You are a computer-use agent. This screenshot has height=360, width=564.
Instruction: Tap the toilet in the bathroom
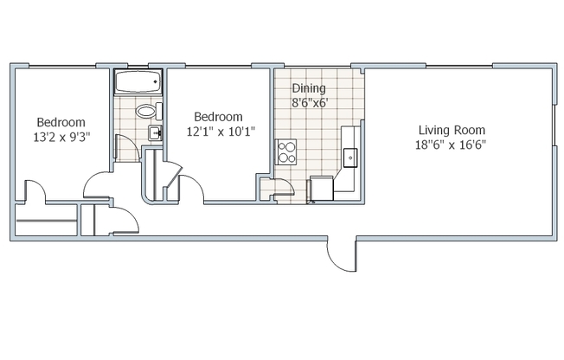coord(146,111)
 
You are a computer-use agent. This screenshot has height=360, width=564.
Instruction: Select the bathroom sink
coord(155,132)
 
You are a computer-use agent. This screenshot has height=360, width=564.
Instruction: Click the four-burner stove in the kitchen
coord(286,151)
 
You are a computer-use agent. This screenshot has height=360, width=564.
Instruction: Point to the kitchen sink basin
coord(351,157)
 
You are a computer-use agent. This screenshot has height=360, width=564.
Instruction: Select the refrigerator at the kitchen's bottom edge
coord(320,189)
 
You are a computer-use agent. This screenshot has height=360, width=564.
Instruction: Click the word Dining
coord(309,87)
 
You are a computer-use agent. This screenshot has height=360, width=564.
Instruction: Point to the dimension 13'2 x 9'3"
coord(61,137)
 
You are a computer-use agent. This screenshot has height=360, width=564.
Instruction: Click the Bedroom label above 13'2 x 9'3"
coord(61,122)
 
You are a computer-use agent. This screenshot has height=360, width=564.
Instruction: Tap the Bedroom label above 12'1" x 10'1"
coord(218,116)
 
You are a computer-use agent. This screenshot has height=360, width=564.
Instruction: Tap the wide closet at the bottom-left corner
coord(48,222)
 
